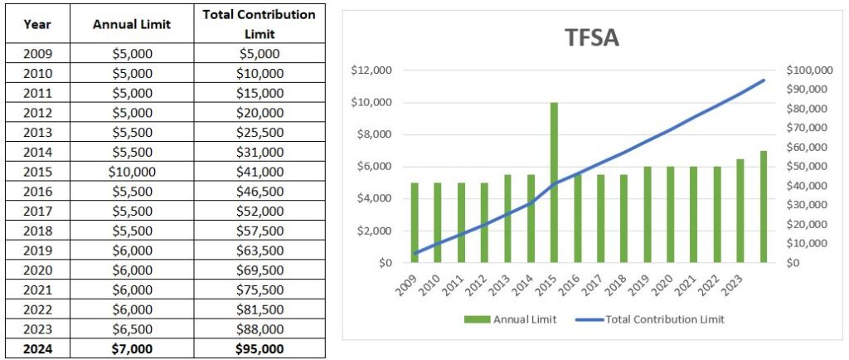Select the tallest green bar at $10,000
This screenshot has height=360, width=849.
tap(553, 182)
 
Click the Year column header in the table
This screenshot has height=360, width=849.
tap(36, 24)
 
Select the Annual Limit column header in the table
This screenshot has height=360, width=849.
tap(132, 24)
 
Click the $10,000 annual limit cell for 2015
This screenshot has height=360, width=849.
tap(132, 172)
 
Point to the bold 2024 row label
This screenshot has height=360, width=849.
tap(36, 349)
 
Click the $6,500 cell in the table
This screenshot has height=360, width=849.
tap(132, 329)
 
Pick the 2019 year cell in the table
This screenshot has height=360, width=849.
tap(36, 251)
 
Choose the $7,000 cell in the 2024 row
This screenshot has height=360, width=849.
tap(132, 349)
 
